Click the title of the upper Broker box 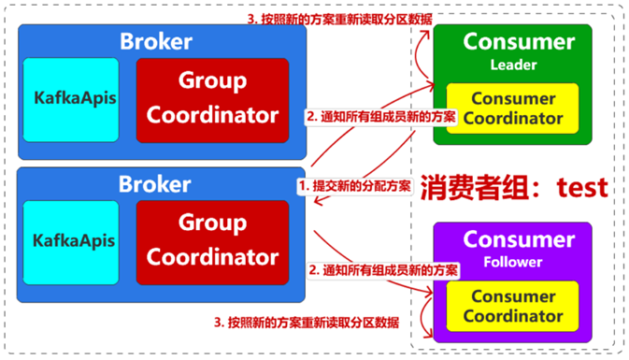pos(155,41)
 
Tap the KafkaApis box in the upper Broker pos(71,99)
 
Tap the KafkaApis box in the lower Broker pos(71,240)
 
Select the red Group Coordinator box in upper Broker pos(212,99)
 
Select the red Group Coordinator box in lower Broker pos(212,240)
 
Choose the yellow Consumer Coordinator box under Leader pos(513,108)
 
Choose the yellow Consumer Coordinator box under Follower pos(513,307)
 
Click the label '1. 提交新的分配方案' pos(354,186)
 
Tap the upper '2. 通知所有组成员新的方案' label pos(380,117)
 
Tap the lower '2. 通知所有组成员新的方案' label pos(383,269)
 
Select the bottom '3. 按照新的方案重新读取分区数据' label pos(307,322)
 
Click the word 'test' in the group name pos(582,187)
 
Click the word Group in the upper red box pos(212,82)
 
